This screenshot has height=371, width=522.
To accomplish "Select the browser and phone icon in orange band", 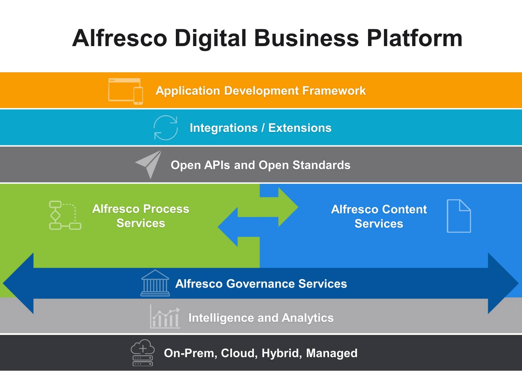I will point(125,91).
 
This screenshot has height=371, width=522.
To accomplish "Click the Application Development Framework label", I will point(261,91).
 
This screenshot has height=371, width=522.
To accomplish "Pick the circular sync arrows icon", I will point(166,128).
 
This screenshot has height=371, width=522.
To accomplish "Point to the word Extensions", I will point(300,128).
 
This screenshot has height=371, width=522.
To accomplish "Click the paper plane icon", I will point(149,164).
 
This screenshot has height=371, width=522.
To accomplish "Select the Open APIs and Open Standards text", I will point(261,165).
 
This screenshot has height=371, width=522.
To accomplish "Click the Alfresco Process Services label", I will point(141,216).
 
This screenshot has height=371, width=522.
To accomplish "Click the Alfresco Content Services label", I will point(379,216).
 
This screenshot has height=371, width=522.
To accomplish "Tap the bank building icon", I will point(155,283).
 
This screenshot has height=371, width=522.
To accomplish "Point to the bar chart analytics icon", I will point(165,317).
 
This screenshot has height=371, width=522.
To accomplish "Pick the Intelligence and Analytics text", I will point(261,318).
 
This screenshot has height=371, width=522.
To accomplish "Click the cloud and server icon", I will point(142,352).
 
